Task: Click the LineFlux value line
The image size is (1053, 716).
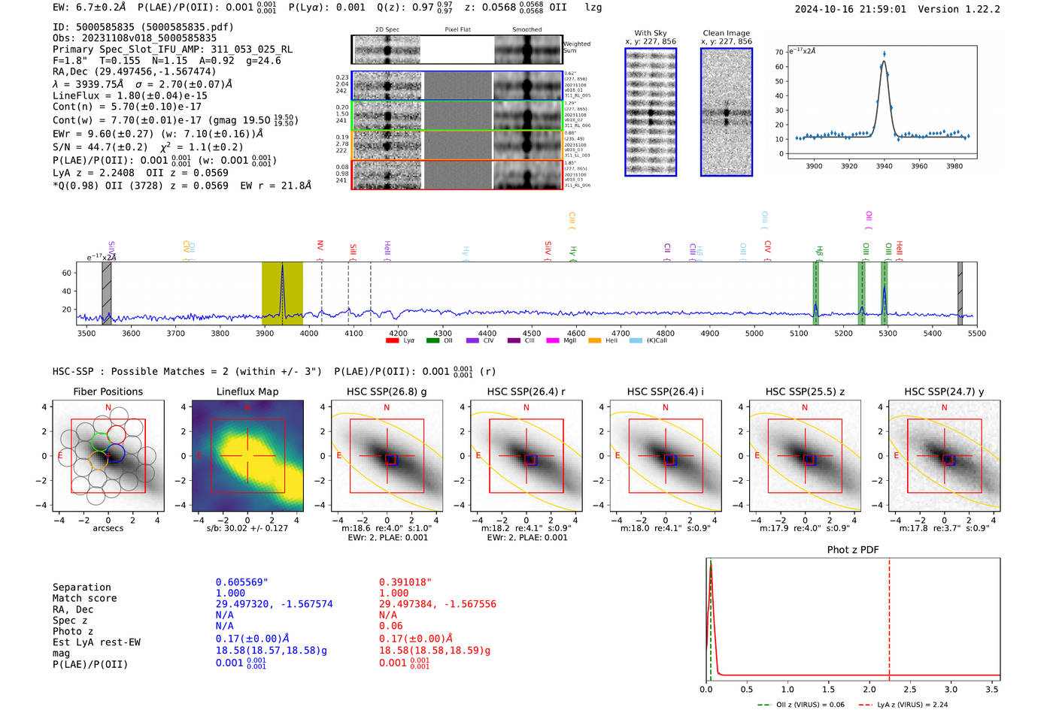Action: pos(130,95)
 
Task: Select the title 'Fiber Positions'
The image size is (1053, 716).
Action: pos(108,391)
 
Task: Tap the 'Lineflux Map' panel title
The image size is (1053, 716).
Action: pos(247,391)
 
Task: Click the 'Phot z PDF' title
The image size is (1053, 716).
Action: pos(853,550)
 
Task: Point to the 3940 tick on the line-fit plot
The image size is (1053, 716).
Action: pos(884,166)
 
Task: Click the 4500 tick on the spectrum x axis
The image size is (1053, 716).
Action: pos(532,334)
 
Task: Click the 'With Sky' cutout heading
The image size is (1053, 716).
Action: pos(651,33)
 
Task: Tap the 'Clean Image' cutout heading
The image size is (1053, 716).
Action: pos(726,33)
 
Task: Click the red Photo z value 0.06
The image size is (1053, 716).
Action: pos(391,626)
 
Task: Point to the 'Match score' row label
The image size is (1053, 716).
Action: pos(84,599)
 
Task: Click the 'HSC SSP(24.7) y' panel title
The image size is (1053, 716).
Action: pos(944,391)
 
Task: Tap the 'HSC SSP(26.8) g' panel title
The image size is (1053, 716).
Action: pos(387,391)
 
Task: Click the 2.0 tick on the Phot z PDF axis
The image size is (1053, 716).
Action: pos(869,689)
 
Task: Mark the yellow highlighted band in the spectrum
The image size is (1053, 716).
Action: pos(282,293)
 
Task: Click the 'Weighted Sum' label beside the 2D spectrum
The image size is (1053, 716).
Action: pos(576,47)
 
